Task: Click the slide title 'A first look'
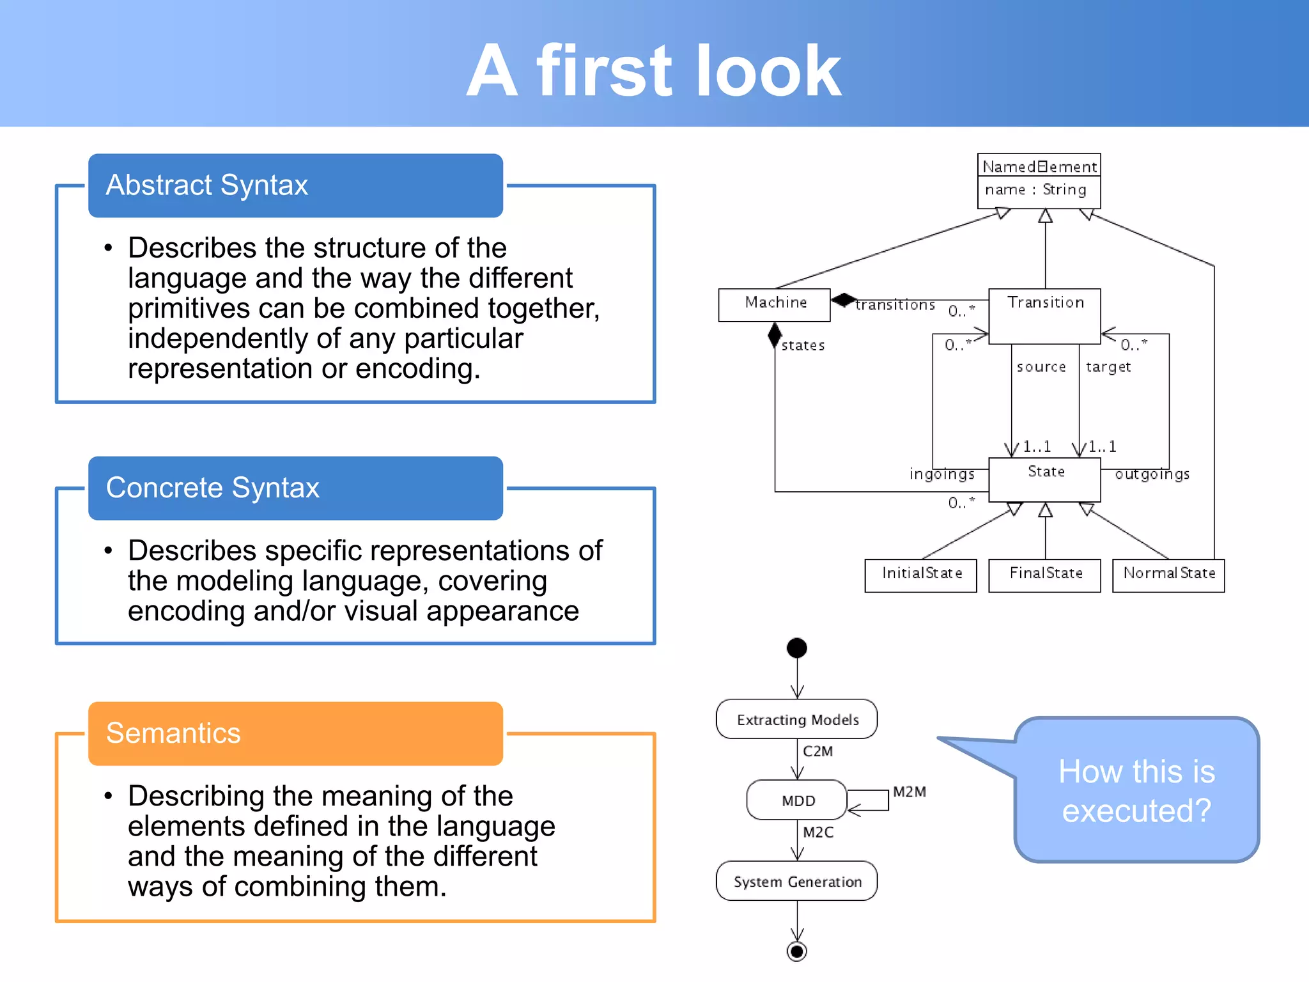[x=653, y=70]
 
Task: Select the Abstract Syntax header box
[x=295, y=185]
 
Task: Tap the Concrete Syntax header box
[x=295, y=488]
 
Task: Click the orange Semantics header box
[x=295, y=733]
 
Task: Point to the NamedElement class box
[x=1039, y=180]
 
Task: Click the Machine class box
[x=774, y=304]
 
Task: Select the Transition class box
[x=1044, y=316]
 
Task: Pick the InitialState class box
[x=920, y=575]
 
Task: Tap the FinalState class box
[x=1044, y=575]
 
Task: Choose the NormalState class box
[x=1168, y=575]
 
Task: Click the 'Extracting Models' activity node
[x=796, y=719]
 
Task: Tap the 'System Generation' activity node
[x=796, y=881]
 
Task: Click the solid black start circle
[x=796, y=648]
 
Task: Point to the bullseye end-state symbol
[x=796, y=951]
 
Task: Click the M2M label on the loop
[x=909, y=792]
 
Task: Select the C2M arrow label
[x=817, y=751]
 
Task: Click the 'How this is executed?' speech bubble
[x=1136, y=790]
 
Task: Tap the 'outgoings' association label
[x=1152, y=474]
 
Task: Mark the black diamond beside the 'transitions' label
[x=844, y=299]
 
